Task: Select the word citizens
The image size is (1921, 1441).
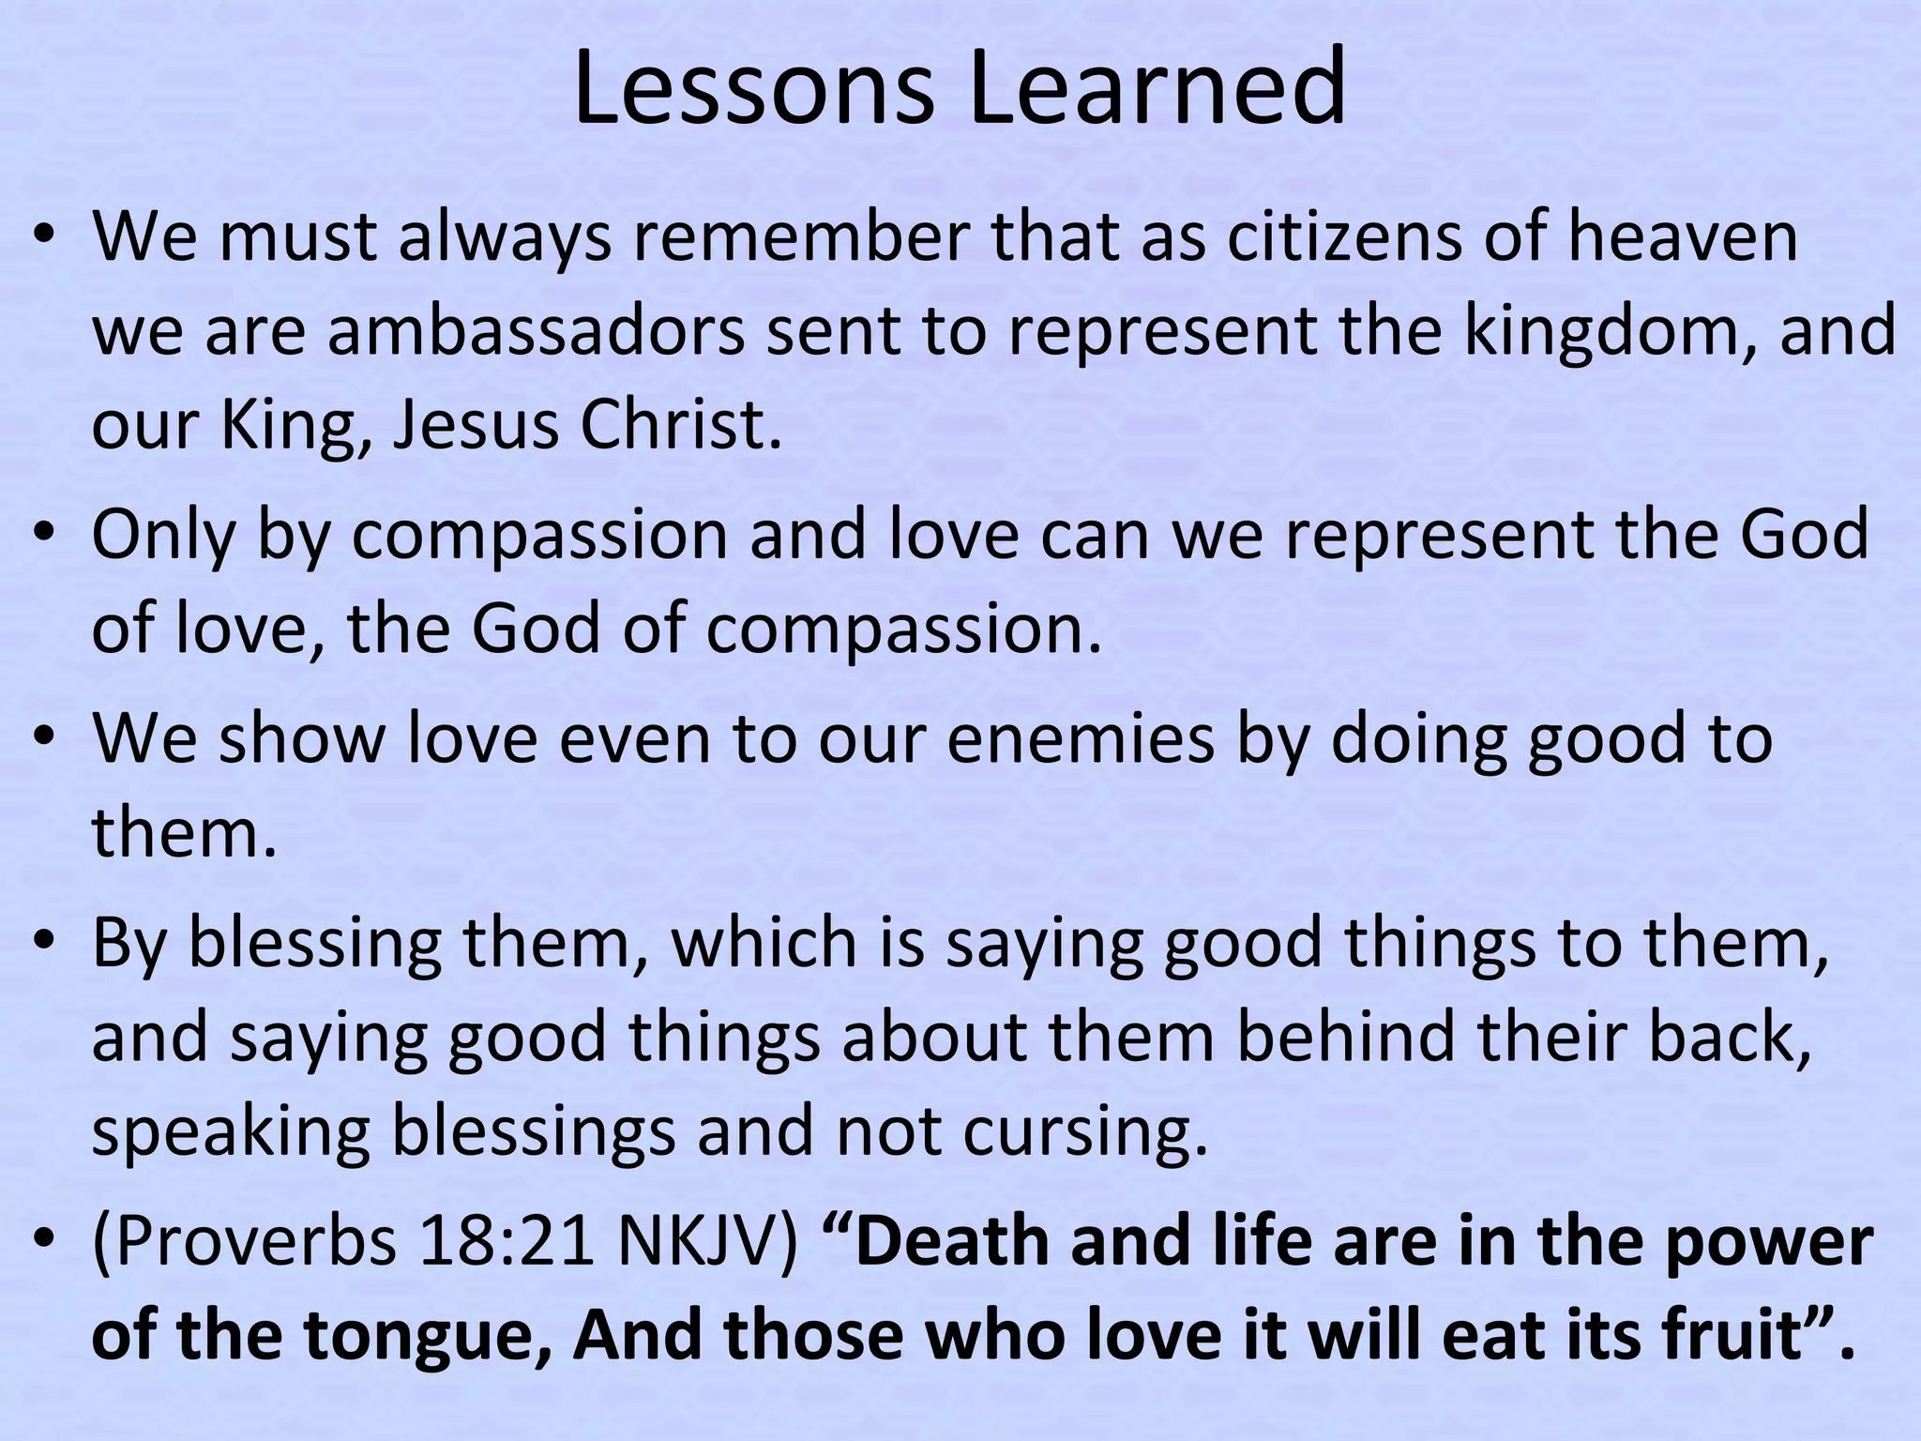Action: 1344,236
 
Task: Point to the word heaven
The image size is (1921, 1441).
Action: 1683,236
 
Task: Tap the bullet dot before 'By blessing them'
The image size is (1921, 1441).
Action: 42,944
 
